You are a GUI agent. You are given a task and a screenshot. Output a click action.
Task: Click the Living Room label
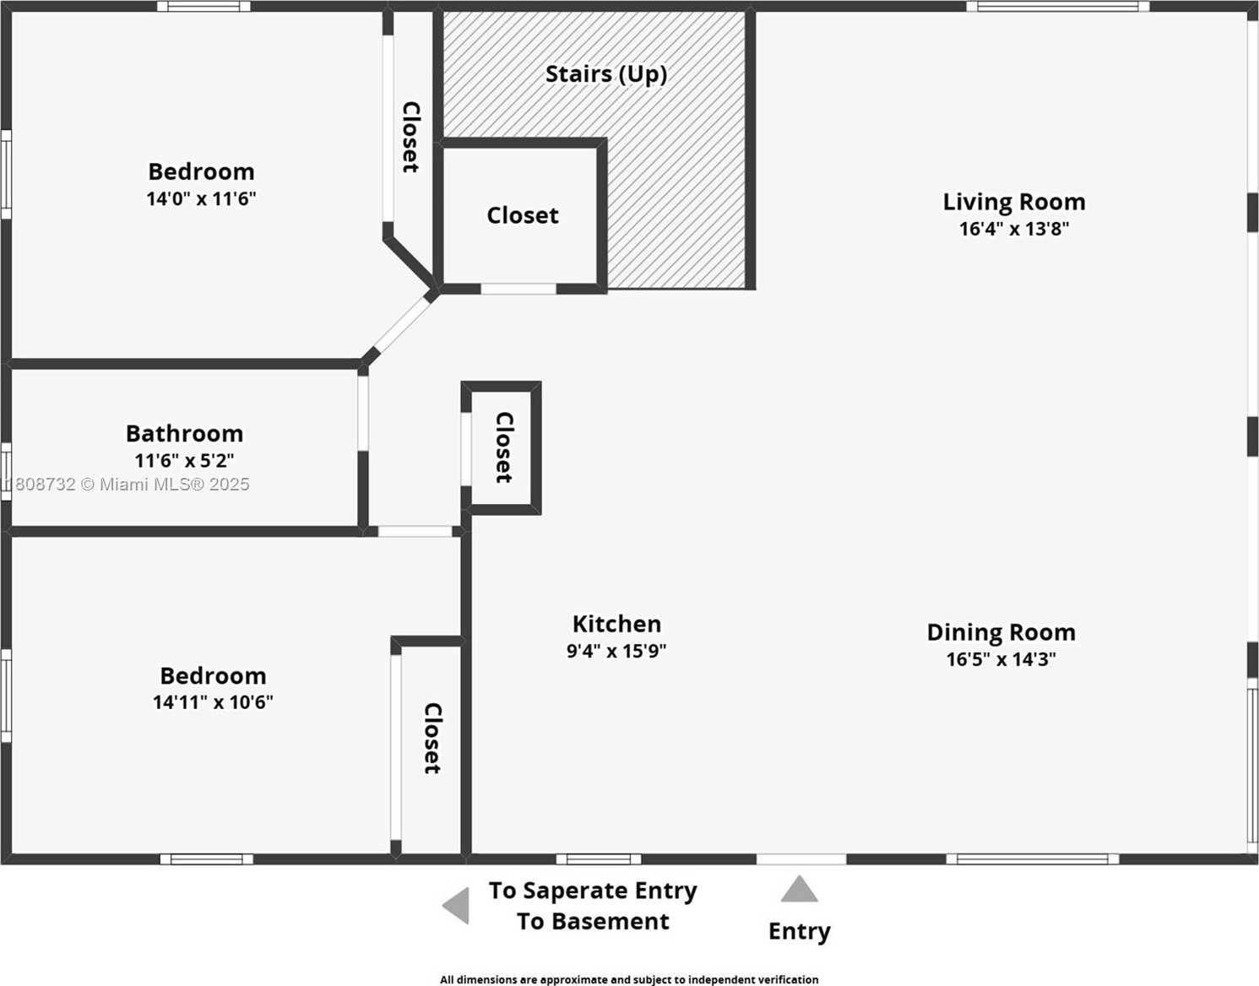(1013, 203)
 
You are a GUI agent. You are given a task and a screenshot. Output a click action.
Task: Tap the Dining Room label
(1001, 632)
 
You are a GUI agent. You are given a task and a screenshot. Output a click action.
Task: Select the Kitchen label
(616, 624)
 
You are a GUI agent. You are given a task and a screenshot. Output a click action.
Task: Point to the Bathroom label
(184, 434)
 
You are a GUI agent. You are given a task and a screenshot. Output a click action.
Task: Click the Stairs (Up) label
(605, 74)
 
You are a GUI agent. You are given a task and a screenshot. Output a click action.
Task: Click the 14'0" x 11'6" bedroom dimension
(201, 199)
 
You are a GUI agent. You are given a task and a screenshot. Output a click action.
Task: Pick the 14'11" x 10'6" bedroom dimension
(213, 702)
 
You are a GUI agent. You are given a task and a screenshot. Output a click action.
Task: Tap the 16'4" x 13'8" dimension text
(1013, 229)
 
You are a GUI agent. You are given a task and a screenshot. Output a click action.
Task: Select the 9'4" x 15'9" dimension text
(616, 651)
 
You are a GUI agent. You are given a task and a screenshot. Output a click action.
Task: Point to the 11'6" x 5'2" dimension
(184, 461)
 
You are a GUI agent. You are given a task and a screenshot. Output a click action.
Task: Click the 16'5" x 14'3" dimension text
(1001, 659)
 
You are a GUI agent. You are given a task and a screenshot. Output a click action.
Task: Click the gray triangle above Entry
(799, 890)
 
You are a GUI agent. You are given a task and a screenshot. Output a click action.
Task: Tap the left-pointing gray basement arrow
(457, 906)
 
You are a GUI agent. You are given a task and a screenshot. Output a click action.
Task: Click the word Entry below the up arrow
(799, 931)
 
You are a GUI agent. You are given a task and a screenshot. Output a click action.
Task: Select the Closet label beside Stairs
(522, 216)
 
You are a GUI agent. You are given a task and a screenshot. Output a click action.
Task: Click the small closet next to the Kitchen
(503, 447)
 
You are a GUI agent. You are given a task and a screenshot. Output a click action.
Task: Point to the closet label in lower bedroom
(431, 738)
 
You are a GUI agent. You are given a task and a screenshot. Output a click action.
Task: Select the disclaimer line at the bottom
(629, 979)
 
